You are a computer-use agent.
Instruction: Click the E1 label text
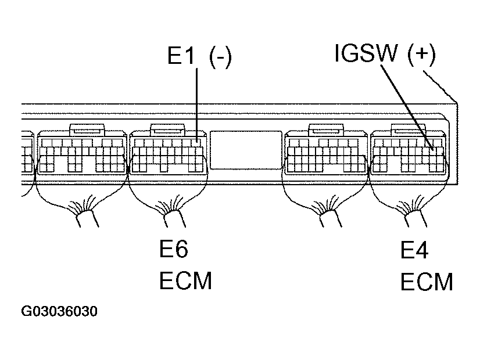pyautogui.click(x=182, y=57)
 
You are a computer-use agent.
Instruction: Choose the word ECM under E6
pyautogui.click(x=185, y=281)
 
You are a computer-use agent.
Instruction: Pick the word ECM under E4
pyautogui.click(x=427, y=282)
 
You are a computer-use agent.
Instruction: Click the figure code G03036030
pyautogui.click(x=59, y=312)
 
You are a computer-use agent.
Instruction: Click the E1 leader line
pyautogui.click(x=198, y=105)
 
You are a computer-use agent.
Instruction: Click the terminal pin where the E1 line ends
pyautogui.click(x=198, y=141)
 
